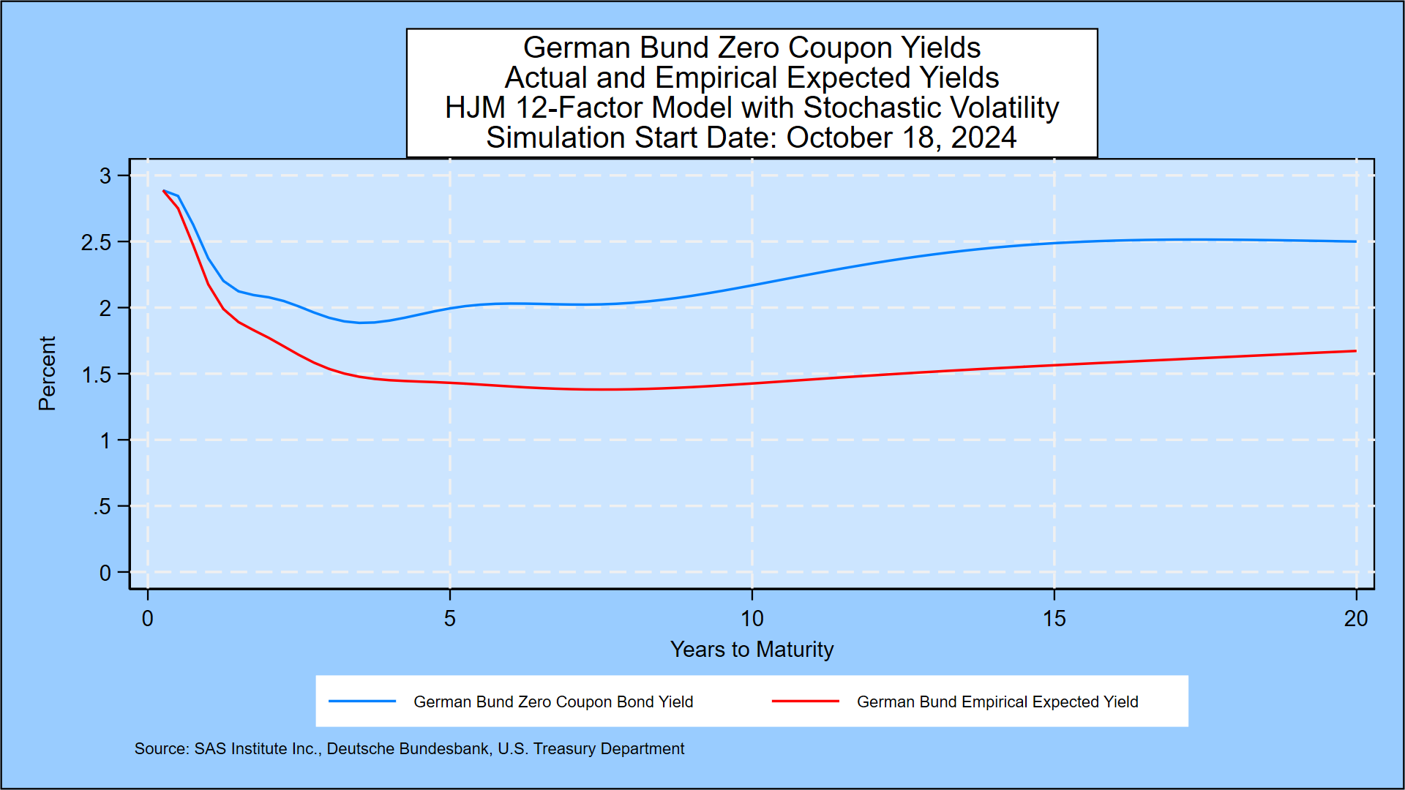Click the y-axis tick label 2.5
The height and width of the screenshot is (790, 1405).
pyautogui.click(x=96, y=243)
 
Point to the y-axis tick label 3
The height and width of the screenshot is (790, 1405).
pyautogui.click(x=105, y=176)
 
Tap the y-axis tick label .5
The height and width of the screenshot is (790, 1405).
pyautogui.click(x=102, y=507)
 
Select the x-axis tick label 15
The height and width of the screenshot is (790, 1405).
pyautogui.click(x=1054, y=619)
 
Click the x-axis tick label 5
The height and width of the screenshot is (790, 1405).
pyautogui.click(x=449, y=619)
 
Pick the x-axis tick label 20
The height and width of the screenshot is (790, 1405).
pyautogui.click(x=1355, y=619)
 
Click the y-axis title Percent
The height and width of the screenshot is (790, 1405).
pyautogui.click(x=48, y=373)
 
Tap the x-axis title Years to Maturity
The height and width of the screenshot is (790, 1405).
pyautogui.click(x=752, y=650)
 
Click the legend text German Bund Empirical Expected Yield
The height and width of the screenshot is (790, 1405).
pyautogui.click(x=997, y=702)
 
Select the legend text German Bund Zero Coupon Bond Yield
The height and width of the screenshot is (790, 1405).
pyautogui.click(x=553, y=702)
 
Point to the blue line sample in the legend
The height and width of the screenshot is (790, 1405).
pyautogui.click(x=362, y=701)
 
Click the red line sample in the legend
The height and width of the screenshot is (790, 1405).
pyautogui.click(x=805, y=701)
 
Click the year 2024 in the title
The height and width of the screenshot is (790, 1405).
pyautogui.click(x=983, y=138)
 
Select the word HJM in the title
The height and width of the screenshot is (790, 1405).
pyautogui.click(x=476, y=108)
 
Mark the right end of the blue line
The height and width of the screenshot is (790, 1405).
pyautogui.click(x=1355, y=241)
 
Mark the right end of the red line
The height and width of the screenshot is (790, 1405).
pyautogui.click(x=1355, y=351)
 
